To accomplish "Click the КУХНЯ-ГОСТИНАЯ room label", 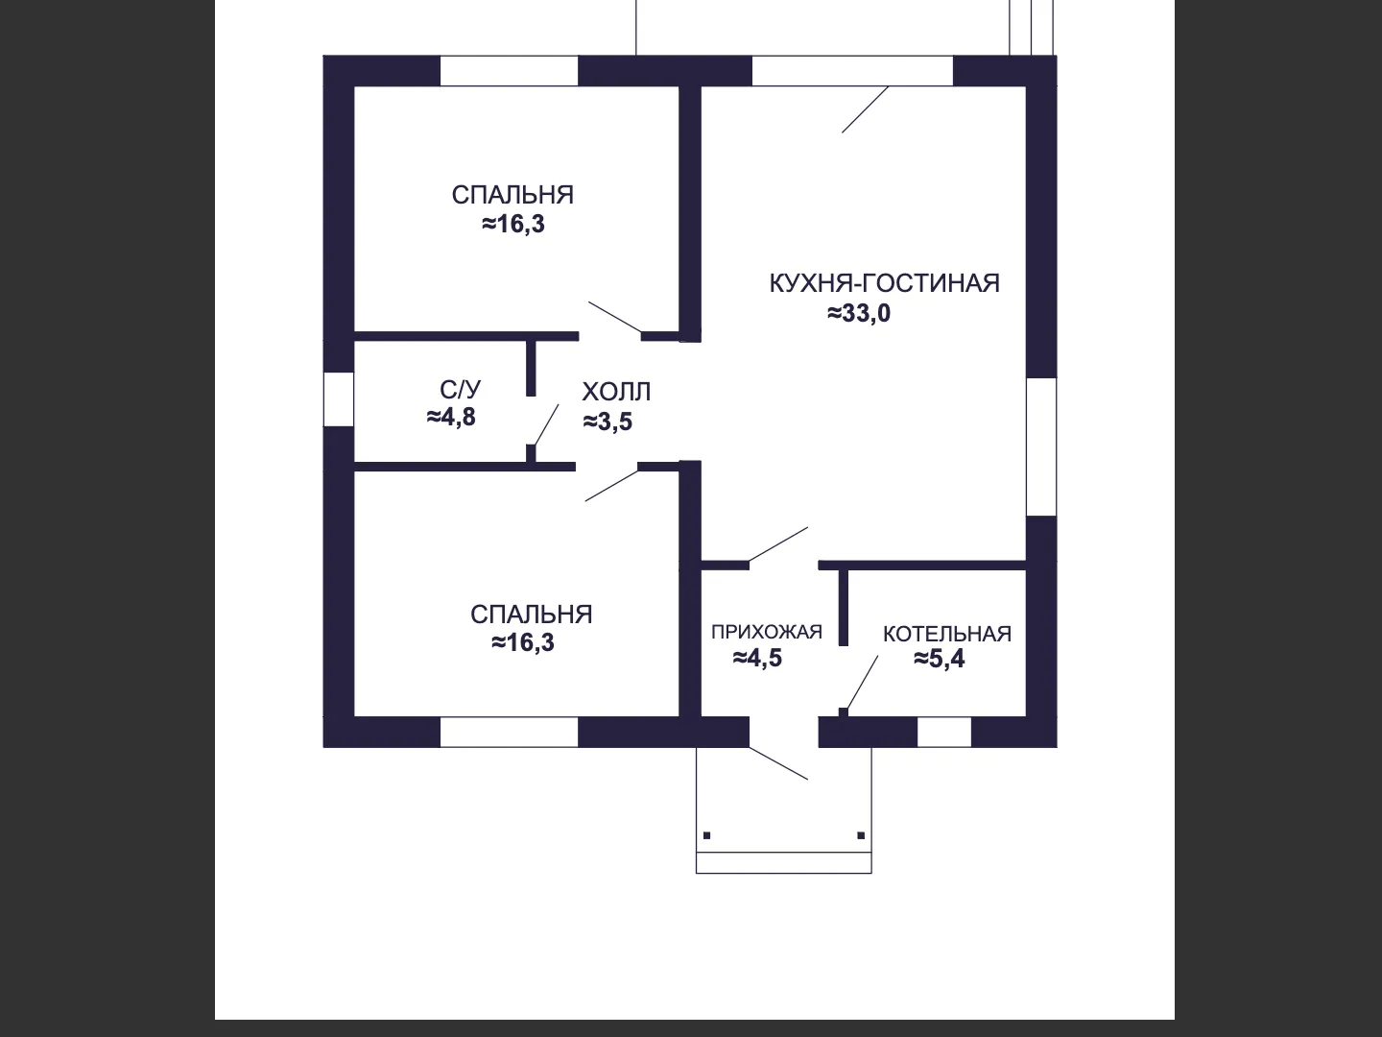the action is (x=884, y=284).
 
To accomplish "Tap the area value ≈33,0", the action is (x=859, y=313).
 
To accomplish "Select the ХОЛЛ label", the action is (x=616, y=393).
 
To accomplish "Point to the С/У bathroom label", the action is (x=460, y=390).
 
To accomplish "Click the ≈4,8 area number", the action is (x=451, y=417).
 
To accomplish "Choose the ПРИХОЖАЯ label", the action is (x=767, y=632).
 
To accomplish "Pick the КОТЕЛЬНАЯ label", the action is (x=947, y=634).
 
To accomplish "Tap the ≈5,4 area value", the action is (x=939, y=659).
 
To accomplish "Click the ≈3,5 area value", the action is (x=608, y=422).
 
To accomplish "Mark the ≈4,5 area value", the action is (x=757, y=658).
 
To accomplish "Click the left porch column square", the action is (x=707, y=835).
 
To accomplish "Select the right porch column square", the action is (x=861, y=835).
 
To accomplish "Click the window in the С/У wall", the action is (x=339, y=399).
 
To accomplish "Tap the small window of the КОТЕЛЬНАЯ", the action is (x=943, y=732).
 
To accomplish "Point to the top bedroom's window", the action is (x=509, y=70).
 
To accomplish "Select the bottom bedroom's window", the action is (x=509, y=732).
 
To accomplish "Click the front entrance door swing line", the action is (x=778, y=763).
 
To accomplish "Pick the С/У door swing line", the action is (x=546, y=425).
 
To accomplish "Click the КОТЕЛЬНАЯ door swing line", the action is (x=863, y=683).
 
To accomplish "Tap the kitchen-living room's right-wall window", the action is (x=1041, y=446).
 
